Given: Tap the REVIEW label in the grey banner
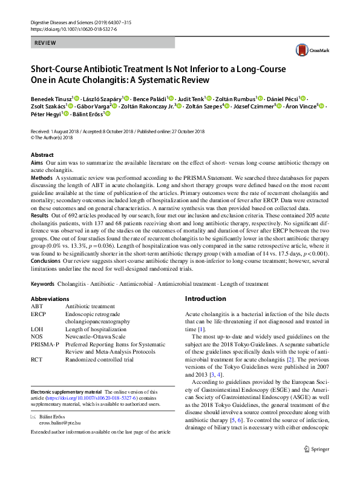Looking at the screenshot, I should coord(46,43).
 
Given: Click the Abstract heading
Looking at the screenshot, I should coord(42,155).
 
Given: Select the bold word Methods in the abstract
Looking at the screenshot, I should coord(41,179).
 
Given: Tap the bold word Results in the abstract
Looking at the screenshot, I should coord(39,216).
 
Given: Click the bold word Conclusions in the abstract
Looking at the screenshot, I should coord(46,260).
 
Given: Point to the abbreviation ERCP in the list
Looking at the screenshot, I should coord(38,314).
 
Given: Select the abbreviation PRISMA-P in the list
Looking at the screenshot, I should coord(45,344).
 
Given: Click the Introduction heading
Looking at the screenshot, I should coord(205,299).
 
